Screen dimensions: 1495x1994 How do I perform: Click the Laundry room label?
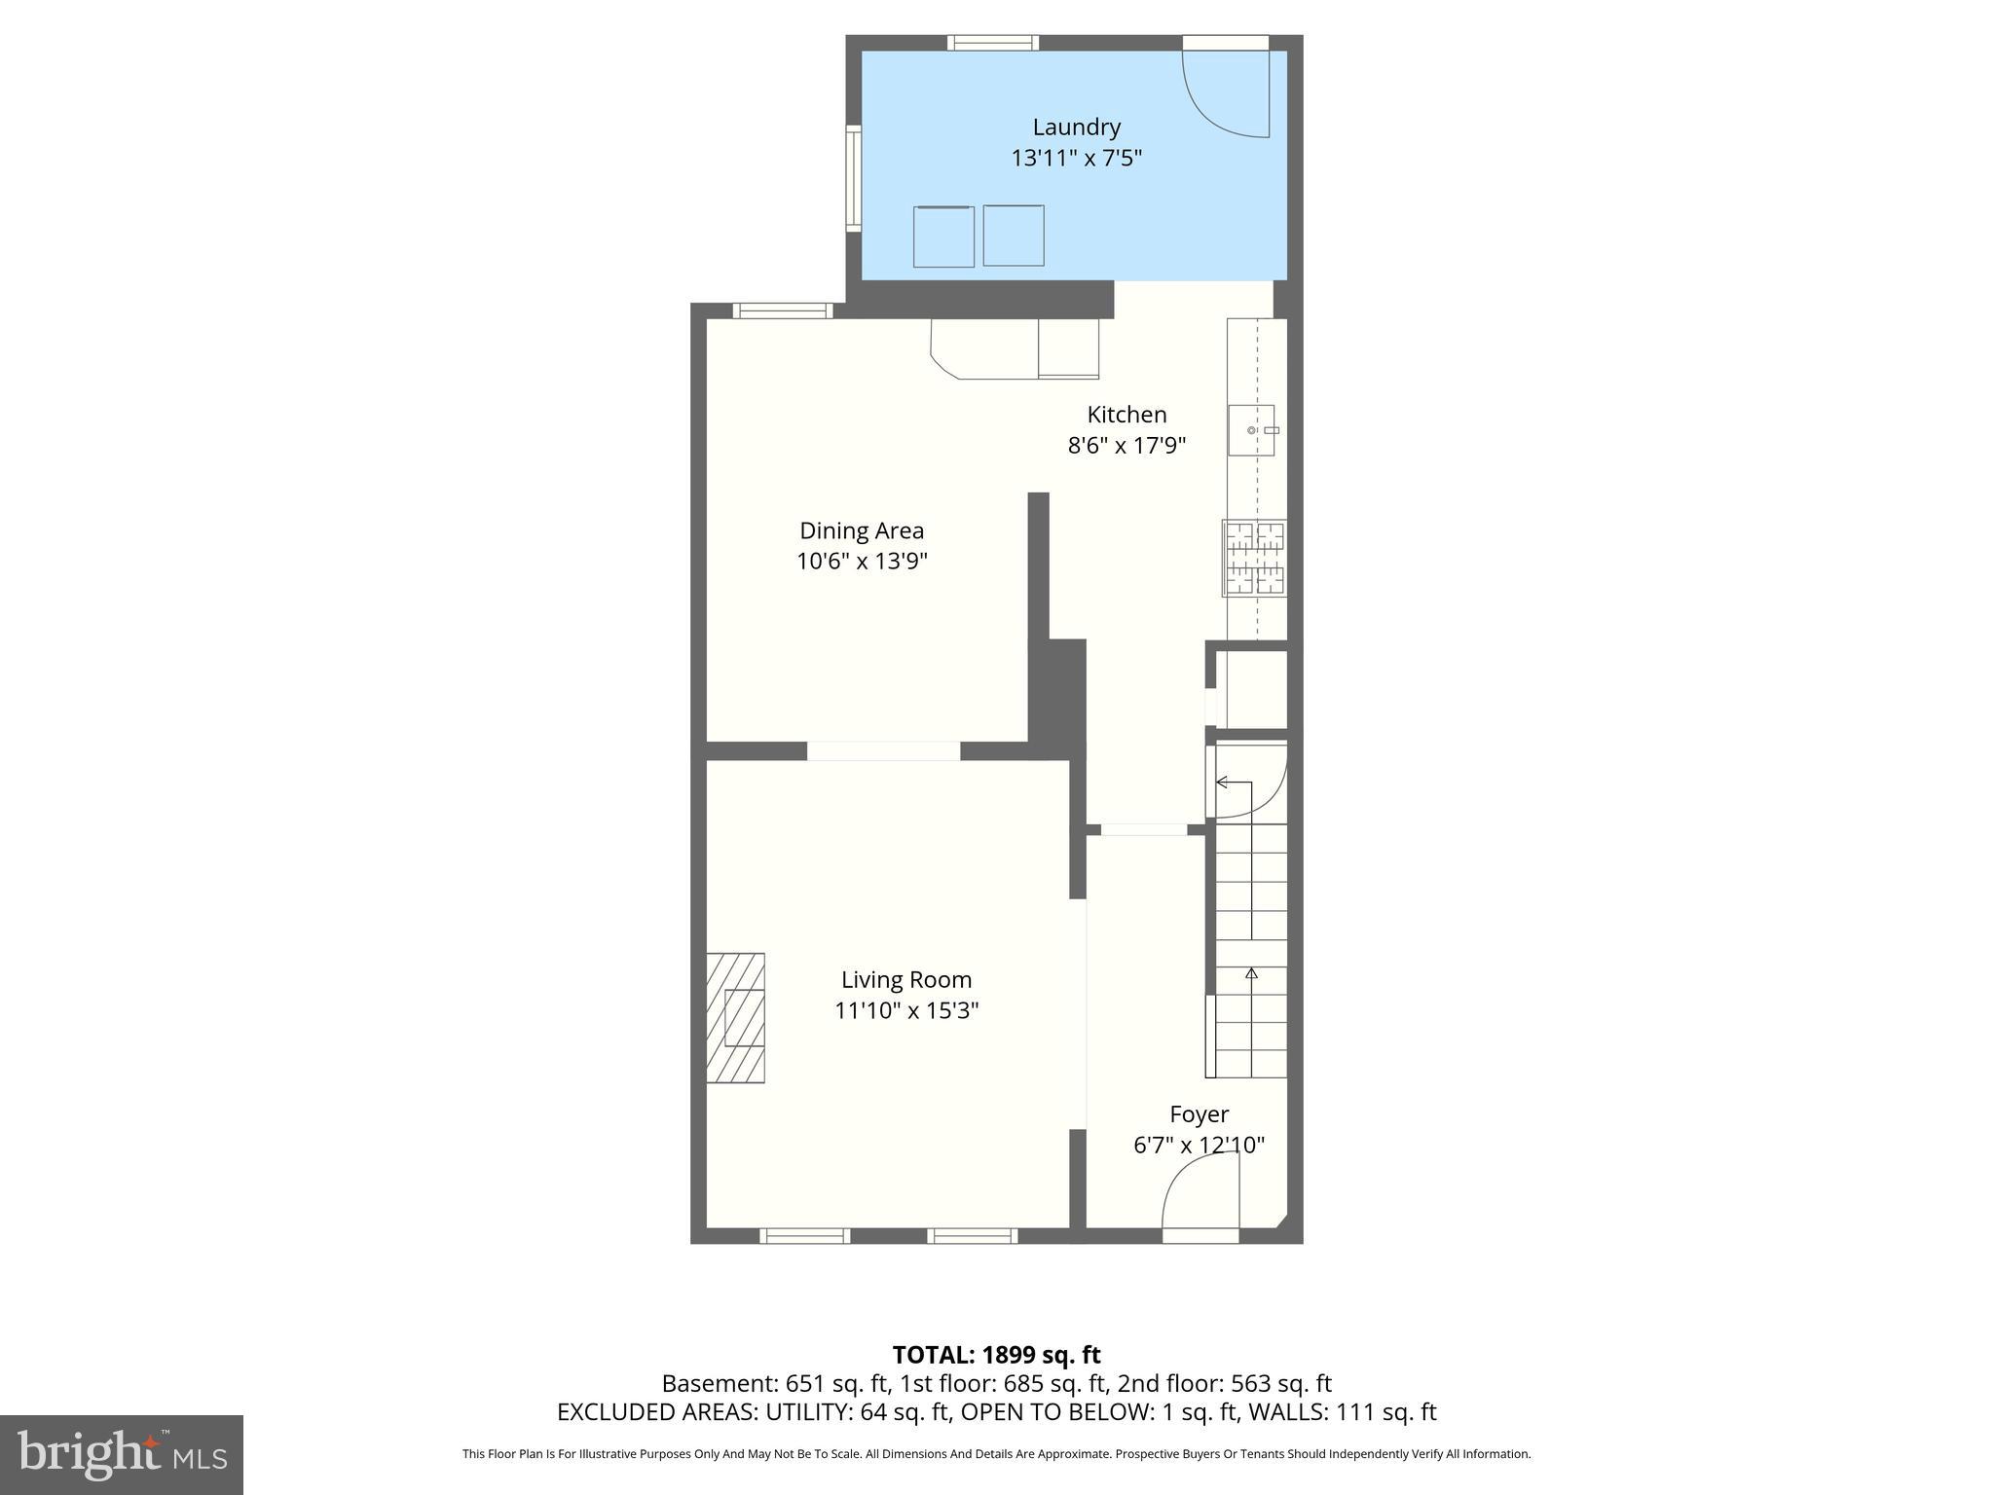pos(1076,127)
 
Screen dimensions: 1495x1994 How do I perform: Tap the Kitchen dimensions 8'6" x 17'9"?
pos(1126,446)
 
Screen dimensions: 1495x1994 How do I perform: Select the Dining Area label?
pos(862,530)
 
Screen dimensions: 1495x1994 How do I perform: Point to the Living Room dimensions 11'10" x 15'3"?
pos(905,1010)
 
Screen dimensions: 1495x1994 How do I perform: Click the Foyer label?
pos(1199,1113)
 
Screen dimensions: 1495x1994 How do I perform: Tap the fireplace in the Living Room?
pos(736,1017)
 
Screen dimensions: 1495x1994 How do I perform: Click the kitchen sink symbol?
pos(1251,430)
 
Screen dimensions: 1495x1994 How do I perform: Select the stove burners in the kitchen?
pos(1255,558)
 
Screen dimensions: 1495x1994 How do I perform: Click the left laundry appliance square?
pos(943,237)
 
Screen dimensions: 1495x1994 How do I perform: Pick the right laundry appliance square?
pos(1014,236)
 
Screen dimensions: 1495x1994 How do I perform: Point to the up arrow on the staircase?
pos(1251,972)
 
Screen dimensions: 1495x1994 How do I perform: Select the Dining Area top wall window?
pos(783,310)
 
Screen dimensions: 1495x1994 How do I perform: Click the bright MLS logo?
pos(122,1454)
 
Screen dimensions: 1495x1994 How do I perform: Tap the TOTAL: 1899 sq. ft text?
pos(996,1354)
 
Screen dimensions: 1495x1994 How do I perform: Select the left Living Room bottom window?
pos(804,1236)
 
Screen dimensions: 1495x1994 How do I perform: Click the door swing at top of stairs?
pos(1248,781)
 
